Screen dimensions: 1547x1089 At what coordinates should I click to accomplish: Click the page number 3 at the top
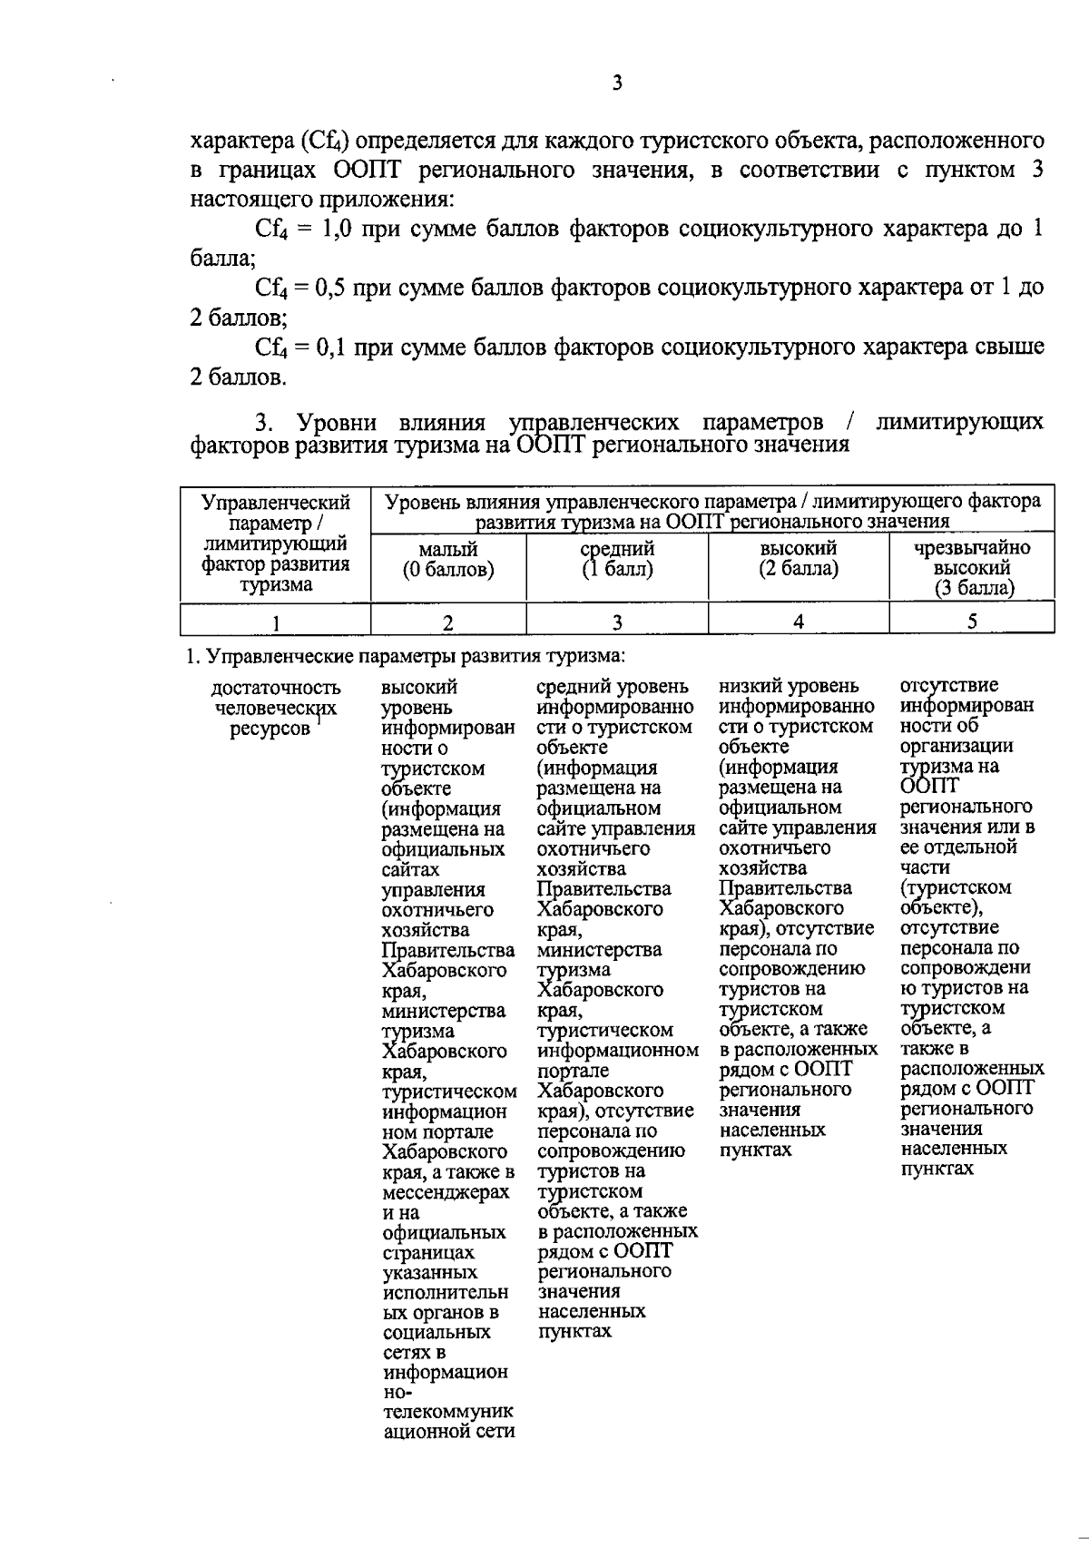pyautogui.click(x=617, y=83)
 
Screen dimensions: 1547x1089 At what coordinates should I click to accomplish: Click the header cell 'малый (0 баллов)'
pyautogui.click(x=448, y=560)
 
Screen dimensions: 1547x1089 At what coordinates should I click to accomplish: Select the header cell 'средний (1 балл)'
pyautogui.click(x=617, y=560)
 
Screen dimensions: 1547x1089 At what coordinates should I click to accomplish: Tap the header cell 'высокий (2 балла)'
pyautogui.click(x=799, y=560)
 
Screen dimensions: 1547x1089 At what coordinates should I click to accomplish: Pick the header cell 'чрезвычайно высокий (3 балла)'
pyautogui.click(x=972, y=568)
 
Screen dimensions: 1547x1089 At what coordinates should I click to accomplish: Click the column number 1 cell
pyautogui.click(x=276, y=622)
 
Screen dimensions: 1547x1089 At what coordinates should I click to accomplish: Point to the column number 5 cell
pyautogui.click(x=972, y=622)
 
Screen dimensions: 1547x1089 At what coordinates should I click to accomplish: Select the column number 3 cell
pyautogui.click(x=617, y=622)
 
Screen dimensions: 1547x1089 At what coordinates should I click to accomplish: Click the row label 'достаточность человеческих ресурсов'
pyautogui.click(x=276, y=709)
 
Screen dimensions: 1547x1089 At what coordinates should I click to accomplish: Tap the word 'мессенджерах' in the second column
pyautogui.click(x=445, y=1192)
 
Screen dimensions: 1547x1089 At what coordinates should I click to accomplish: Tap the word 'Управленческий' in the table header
pyautogui.click(x=276, y=502)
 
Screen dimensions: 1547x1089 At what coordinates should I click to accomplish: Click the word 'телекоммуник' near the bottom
pyautogui.click(x=447, y=1413)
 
